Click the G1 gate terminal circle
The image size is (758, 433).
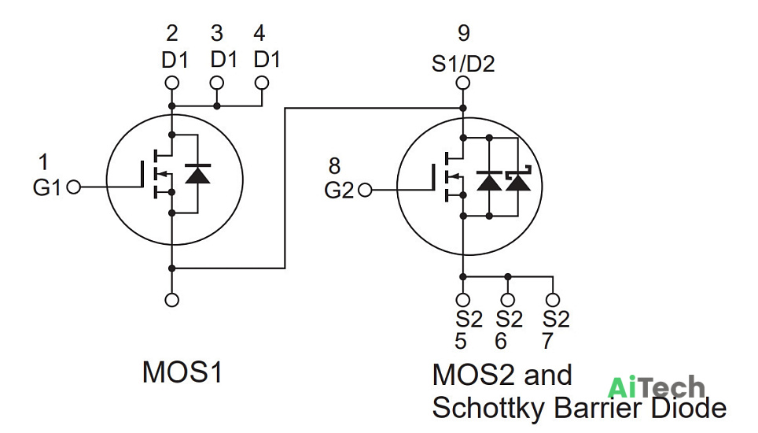(x=73, y=187)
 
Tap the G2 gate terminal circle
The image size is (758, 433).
(x=365, y=191)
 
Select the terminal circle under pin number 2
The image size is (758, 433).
(x=171, y=83)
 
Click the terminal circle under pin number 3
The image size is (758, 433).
(x=216, y=83)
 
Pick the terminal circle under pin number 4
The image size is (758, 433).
(x=262, y=83)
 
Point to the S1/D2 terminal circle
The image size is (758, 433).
(x=463, y=83)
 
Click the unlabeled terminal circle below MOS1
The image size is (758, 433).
(x=171, y=300)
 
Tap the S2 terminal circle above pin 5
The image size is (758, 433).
(x=463, y=300)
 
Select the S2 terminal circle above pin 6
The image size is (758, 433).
(x=508, y=300)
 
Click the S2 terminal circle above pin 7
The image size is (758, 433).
(x=553, y=300)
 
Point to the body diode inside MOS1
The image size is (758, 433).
(x=197, y=174)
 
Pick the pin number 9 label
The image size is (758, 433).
(x=464, y=33)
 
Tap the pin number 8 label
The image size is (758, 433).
(x=334, y=166)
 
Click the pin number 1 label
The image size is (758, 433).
(x=43, y=162)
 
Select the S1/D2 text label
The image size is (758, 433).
(x=463, y=64)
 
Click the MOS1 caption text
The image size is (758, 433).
(x=182, y=372)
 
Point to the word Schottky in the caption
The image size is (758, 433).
(x=489, y=407)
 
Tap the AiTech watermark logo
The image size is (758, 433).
(x=656, y=387)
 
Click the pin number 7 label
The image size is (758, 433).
(x=547, y=341)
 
